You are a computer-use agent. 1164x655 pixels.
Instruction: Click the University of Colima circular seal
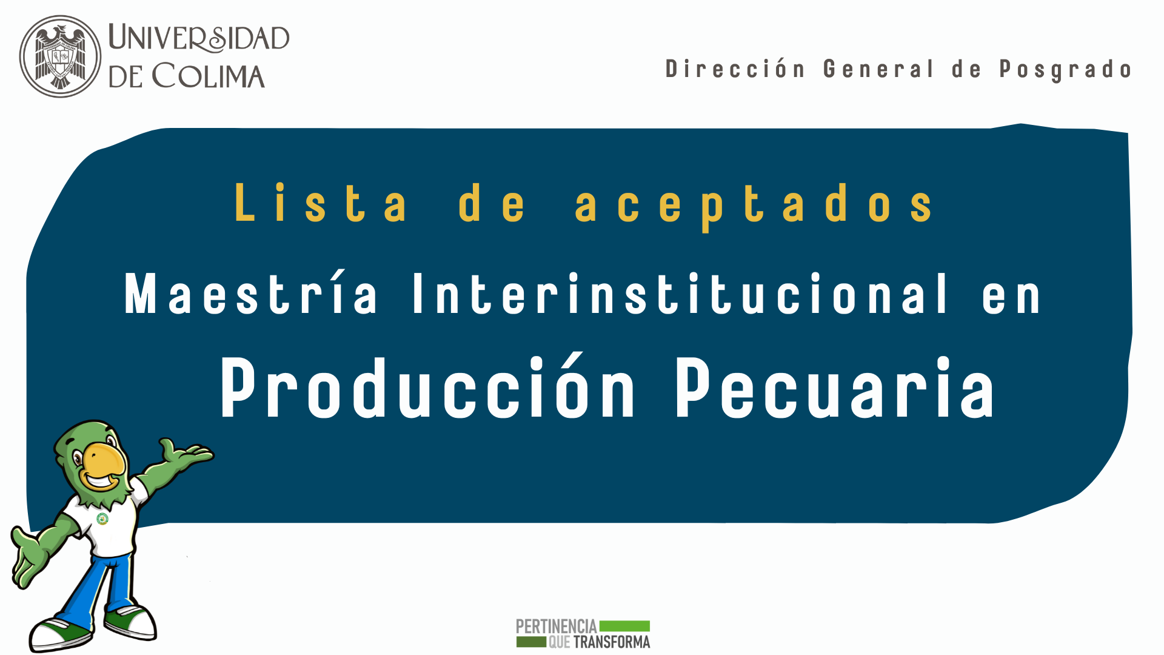[60, 56]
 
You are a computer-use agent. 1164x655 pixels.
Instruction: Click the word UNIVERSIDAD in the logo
[199, 38]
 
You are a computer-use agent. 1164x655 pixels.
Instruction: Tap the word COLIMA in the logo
[208, 76]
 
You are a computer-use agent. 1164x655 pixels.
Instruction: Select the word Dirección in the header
[735, 69]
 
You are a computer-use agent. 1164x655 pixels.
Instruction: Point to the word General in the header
[878, 69]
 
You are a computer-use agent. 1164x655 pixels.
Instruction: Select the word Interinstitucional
[680, 294]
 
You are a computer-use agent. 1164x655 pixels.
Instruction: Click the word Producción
[427, 386]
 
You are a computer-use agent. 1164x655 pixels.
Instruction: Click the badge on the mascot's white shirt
[102, 519]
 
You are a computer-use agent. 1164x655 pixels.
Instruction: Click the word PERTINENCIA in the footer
[557, 626]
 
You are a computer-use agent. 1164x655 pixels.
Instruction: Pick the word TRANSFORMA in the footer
[612, 642]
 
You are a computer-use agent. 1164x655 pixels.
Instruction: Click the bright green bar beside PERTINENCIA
[624, 626]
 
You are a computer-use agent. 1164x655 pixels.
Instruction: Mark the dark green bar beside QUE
[531, 642]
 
